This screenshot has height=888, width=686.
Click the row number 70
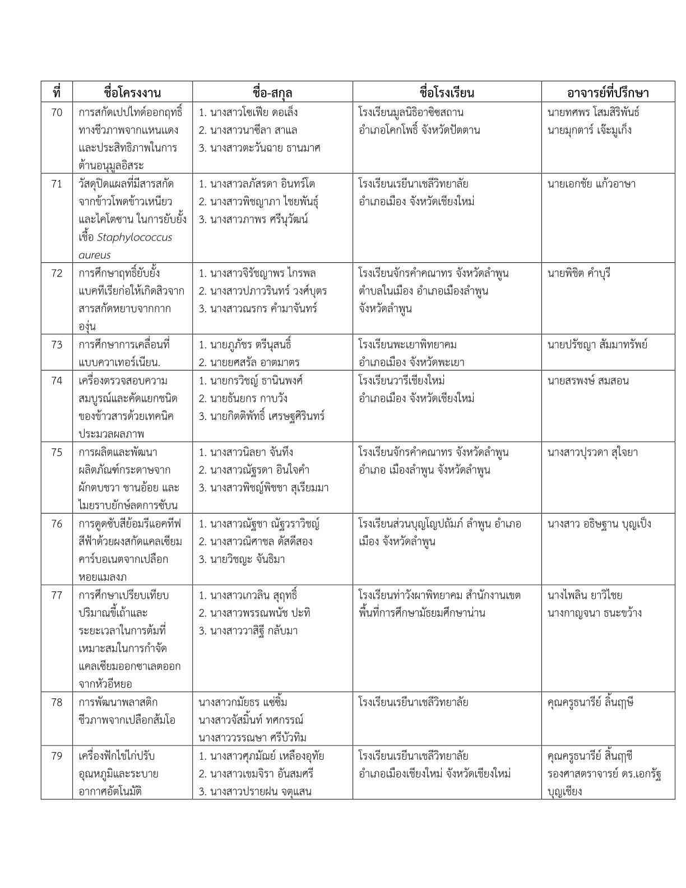point(57,113)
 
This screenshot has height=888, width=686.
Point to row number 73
point(57,345)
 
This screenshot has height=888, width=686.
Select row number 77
point(57,595)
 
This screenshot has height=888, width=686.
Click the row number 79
point(57,756)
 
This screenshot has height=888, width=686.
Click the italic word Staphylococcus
point(135,237)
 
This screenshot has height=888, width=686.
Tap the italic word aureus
point(94,255)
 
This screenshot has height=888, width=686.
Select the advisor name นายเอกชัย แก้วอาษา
point(591,184)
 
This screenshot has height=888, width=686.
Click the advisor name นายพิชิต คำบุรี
point(579,274)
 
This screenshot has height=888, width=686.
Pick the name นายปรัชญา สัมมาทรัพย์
point(597,345)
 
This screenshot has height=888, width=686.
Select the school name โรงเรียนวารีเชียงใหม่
point(402,381)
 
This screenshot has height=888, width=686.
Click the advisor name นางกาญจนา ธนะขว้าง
point(594,613)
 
